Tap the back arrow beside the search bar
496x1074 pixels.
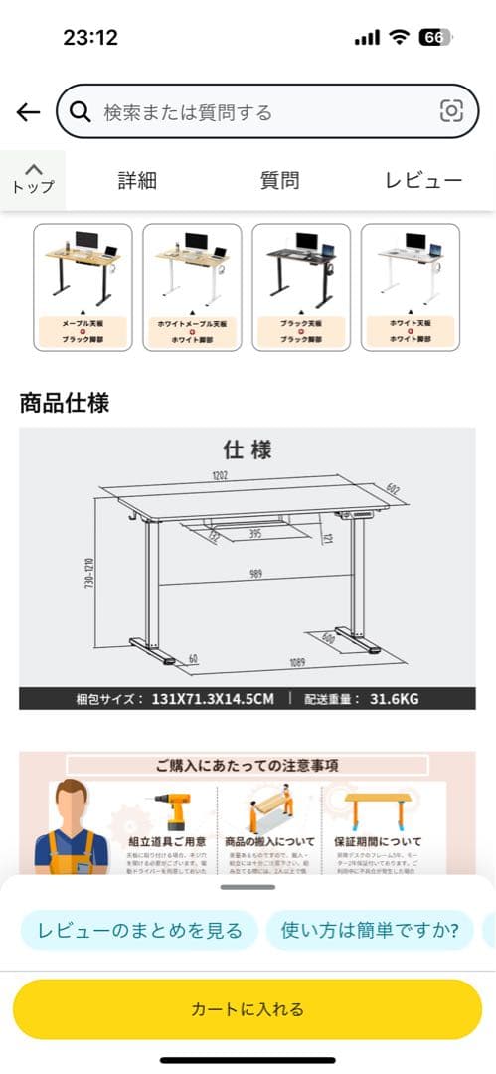(28, 111)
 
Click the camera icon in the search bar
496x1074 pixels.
(451, 111)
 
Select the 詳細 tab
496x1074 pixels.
(137, 180)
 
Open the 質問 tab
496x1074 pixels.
(279, 180)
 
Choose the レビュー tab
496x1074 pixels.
(423, 180)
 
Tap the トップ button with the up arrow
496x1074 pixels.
(33, 179)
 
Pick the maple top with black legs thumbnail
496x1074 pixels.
(83, 286)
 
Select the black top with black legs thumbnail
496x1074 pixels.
(300, 286)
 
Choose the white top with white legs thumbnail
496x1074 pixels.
(410, 286)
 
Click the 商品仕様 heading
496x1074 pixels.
(65, 403)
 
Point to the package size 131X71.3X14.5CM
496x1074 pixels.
(212, 698)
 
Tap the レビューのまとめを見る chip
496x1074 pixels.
(139, 931)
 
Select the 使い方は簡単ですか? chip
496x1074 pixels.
(370, 931)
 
